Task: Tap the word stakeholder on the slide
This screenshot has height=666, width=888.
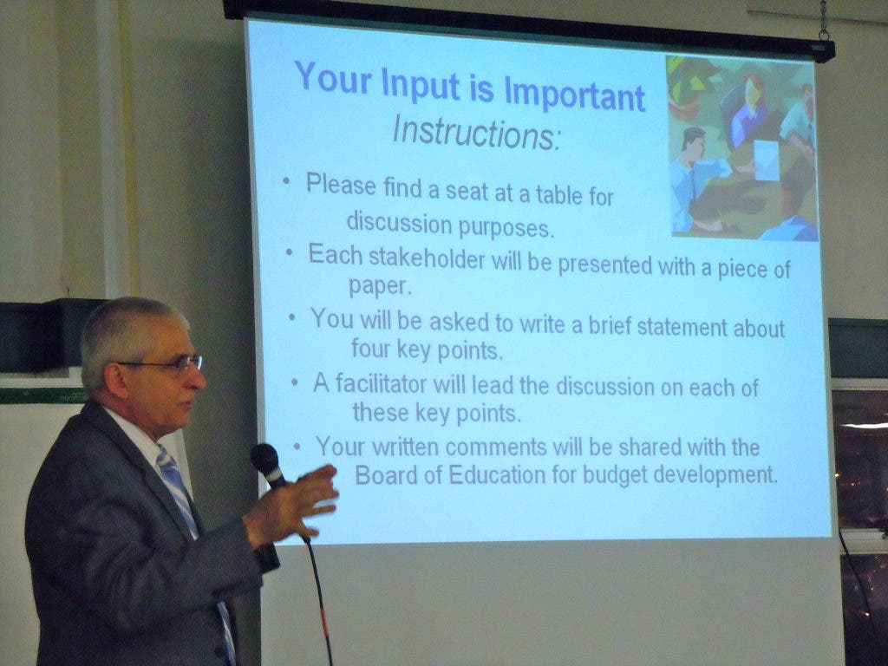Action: [427, 258]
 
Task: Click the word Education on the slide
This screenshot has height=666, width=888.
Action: [497, 474]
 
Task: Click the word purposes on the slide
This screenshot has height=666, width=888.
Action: [506, 228]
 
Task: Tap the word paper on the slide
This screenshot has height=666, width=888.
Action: [379, 286]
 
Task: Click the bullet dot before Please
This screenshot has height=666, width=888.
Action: [286, 181]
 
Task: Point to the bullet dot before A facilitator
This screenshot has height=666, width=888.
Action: [295, 382]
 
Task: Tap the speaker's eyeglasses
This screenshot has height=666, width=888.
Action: [164, 364]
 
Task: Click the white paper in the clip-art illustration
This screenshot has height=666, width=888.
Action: [766, 160]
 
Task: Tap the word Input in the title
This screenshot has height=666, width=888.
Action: [420, 84]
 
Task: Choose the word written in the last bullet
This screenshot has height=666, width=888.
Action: [406, 447]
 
